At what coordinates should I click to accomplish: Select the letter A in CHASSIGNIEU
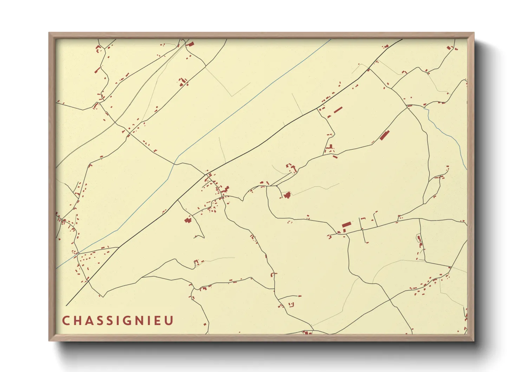(x=90, y=321)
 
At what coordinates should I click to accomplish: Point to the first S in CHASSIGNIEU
(x=101, y=321)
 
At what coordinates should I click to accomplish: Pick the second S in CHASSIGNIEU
(x=111, y=321)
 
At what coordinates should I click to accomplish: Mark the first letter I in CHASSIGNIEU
(x=119, y=321)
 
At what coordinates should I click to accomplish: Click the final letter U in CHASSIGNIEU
(x=170, y=321)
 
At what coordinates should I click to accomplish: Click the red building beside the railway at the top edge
(x=191, y=44)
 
